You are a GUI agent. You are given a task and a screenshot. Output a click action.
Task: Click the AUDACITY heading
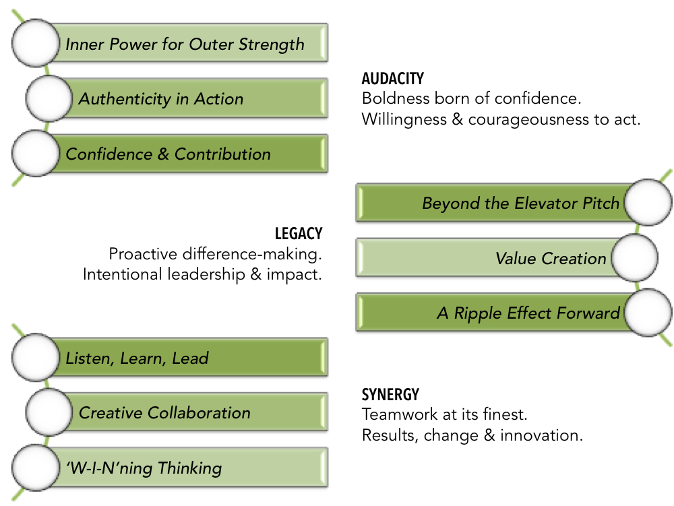tap(393, 80)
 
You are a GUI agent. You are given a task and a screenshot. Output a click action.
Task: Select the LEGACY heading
tap(299, 234)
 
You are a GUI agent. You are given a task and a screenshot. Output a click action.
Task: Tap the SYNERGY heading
tap(390, 395)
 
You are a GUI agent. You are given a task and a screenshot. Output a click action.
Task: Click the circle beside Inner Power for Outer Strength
tap(36, 43)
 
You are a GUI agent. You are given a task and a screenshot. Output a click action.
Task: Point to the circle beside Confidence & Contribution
tap(36, 154)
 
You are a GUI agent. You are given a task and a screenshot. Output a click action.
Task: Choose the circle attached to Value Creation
tap(633, 258)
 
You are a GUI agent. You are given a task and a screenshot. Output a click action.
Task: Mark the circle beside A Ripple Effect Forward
tap(647, 313)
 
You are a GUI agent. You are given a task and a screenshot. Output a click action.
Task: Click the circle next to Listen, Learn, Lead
tap(36, 357)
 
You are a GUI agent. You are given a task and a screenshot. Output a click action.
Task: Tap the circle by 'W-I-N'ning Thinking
tap(36, 467)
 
